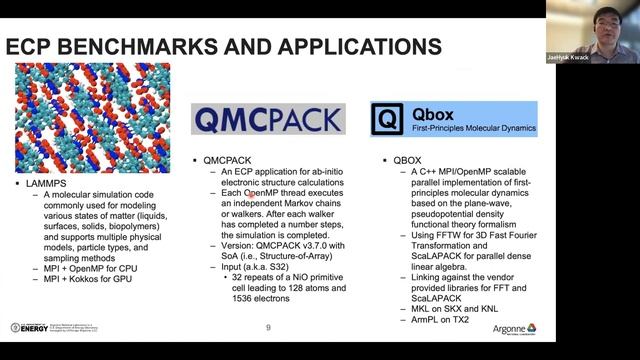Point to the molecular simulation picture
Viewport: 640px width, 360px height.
[x=92, y=117]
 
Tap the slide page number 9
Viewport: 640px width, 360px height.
[x=268, y=328]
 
